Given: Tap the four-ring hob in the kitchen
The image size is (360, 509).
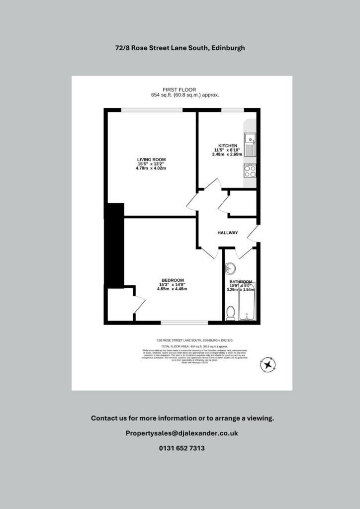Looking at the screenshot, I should click(250, 171).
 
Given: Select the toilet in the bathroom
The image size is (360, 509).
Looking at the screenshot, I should click(230, 313).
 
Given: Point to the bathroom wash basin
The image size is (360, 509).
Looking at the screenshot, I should click(230, 268).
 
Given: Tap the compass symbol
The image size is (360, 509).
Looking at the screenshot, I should click(269, 365).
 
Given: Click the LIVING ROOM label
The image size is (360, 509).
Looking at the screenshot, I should click(151, 159).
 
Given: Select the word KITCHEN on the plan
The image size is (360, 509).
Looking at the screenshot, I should click(228, 145).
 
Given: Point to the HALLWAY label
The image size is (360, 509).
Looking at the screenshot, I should click(228, 233).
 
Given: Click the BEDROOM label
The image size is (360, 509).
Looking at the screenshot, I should click(172, 280).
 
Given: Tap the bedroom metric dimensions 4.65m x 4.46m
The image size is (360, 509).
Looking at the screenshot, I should click(172, 289).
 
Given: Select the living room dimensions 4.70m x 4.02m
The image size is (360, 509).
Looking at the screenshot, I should click(151, 168).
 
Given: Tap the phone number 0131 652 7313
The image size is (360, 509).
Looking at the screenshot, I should click(182, 448).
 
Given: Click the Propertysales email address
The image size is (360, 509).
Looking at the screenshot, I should click(182, 433).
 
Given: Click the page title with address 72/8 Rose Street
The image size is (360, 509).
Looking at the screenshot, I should click(180, 48).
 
